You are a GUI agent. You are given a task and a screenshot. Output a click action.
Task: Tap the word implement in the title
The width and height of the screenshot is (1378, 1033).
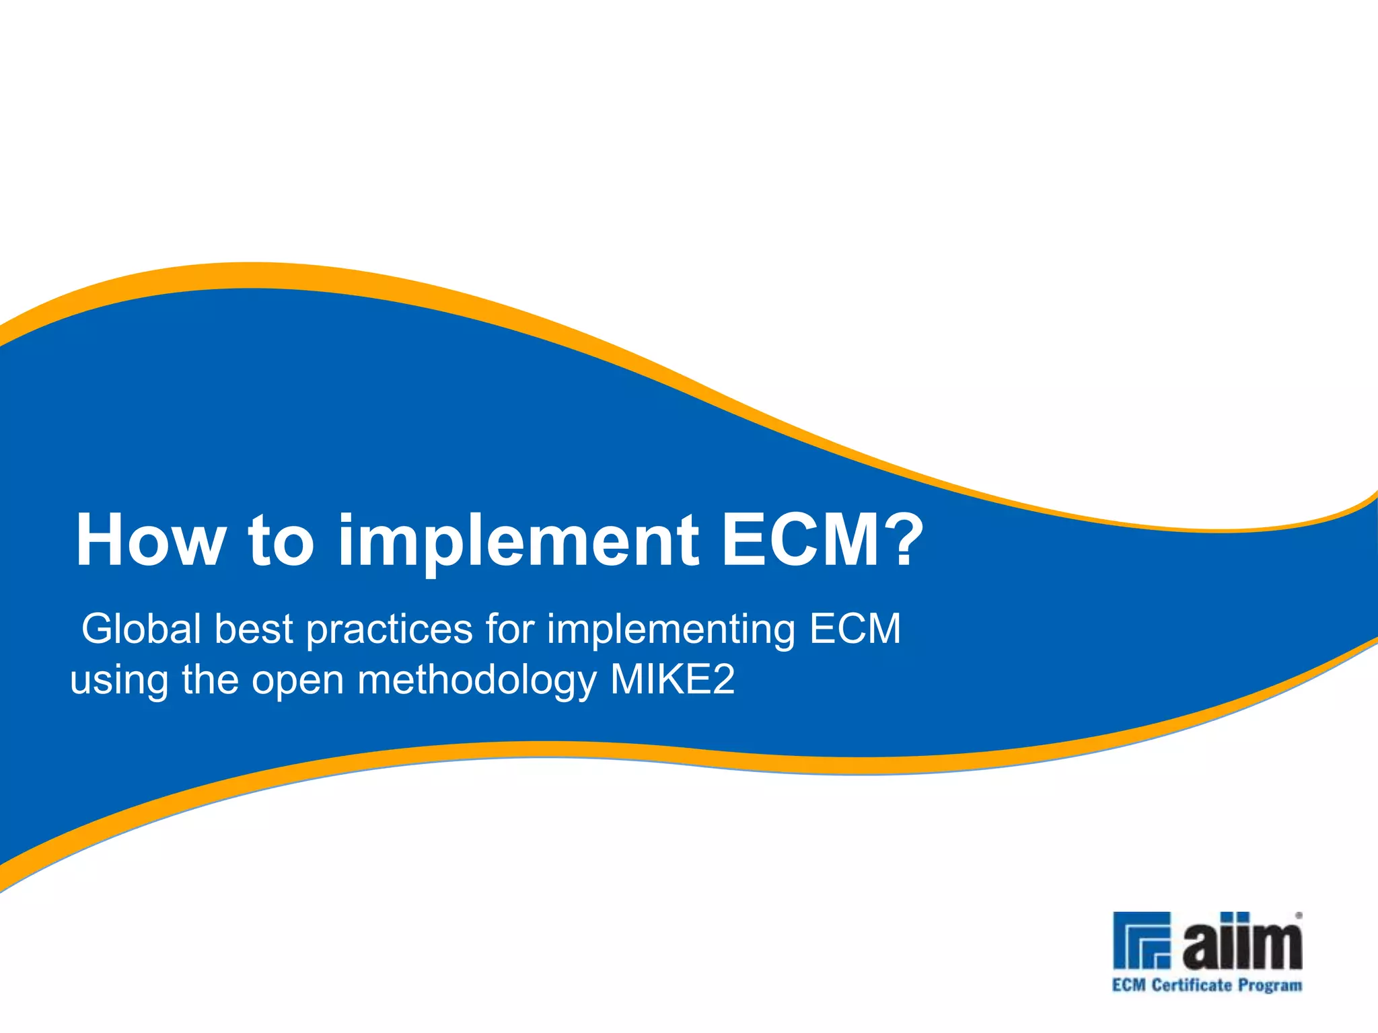coord(519,541)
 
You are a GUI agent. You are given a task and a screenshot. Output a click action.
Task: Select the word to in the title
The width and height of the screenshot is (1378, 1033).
coord(281,541)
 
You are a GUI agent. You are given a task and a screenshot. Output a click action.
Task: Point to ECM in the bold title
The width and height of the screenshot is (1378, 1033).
coord(800,539)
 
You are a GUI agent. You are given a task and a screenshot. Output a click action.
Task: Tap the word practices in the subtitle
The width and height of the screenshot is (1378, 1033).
coord(390,630)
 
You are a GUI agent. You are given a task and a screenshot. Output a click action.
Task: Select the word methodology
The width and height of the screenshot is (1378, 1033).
coord(477,681)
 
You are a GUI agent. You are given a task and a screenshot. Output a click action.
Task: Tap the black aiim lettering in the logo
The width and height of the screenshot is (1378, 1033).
coord(1242,943)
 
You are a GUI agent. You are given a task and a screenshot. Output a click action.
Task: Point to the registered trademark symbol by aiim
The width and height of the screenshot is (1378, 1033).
coord(1299,915)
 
